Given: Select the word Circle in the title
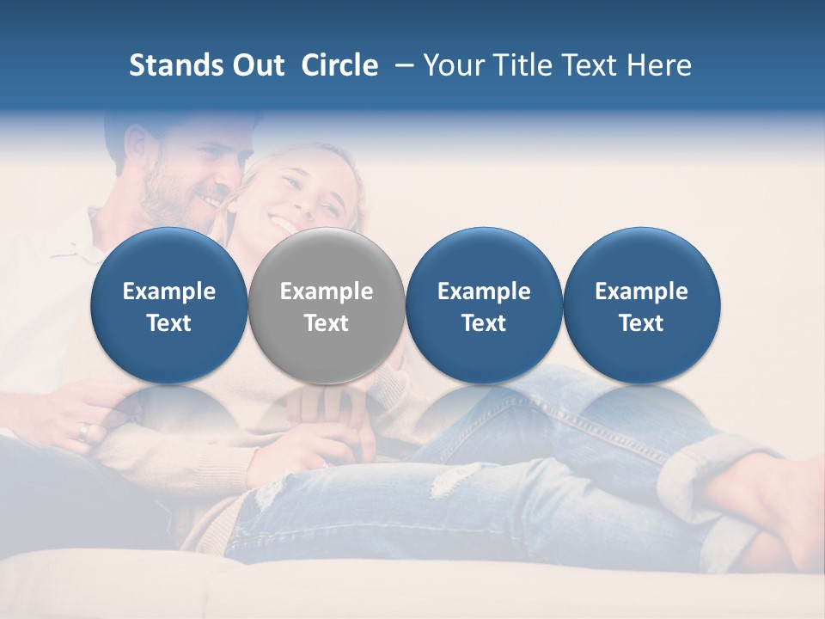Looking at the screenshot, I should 339,65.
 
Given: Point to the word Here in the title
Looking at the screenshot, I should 658,65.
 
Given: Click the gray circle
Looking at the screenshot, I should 327,305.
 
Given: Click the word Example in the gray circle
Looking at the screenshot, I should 327,291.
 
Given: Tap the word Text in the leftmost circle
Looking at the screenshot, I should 169,323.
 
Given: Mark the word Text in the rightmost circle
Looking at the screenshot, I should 641,323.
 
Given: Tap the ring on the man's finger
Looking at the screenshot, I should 83,431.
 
